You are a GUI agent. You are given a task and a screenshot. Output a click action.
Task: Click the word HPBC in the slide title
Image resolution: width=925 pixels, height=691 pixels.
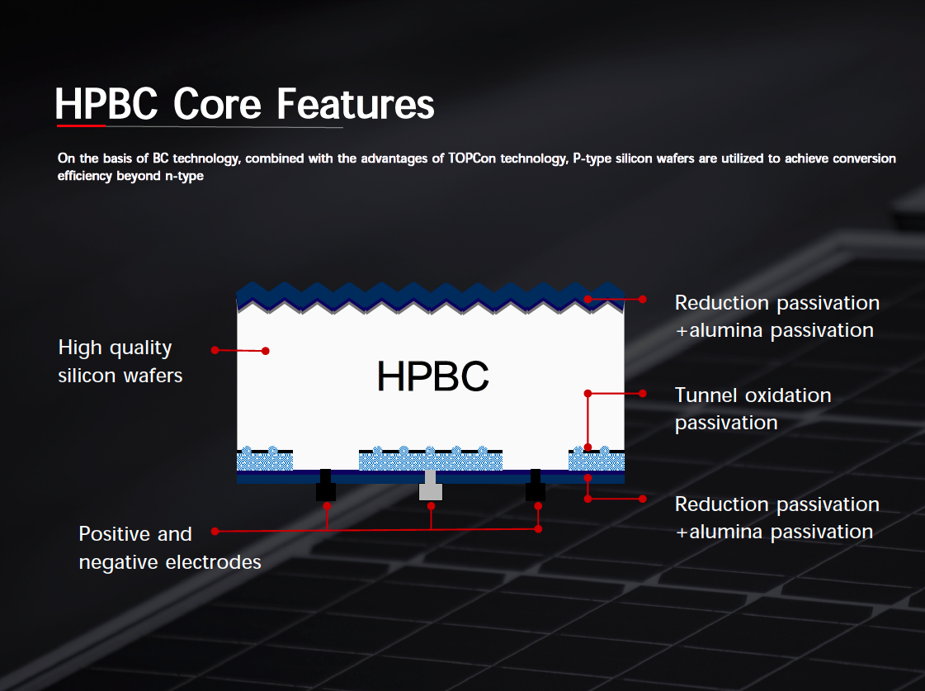106,105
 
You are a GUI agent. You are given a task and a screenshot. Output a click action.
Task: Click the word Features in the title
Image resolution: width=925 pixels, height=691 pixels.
355,104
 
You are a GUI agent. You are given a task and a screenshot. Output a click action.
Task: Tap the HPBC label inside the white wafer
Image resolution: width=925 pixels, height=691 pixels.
433,376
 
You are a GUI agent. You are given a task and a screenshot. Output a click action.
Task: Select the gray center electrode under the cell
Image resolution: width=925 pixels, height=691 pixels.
431,485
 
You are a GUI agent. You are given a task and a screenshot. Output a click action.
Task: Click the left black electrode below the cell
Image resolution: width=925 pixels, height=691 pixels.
326,485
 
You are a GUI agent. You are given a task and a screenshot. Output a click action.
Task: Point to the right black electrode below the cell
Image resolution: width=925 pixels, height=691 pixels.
536,485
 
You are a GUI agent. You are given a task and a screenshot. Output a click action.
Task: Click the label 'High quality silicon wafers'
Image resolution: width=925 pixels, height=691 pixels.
120,361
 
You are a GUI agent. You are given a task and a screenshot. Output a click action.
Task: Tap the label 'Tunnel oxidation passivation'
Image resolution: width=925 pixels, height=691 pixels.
753,409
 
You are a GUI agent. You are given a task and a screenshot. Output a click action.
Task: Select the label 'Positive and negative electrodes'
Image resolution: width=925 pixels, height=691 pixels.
170,547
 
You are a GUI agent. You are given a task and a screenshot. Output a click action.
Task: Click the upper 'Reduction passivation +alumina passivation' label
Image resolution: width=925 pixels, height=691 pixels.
777,316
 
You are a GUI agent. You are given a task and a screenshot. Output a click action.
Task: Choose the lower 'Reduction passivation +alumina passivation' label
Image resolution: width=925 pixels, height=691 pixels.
777,518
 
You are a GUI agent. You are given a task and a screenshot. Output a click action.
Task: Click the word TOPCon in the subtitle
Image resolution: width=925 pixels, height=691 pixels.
472,159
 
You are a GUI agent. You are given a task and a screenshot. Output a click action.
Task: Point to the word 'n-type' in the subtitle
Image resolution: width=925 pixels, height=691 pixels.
184,176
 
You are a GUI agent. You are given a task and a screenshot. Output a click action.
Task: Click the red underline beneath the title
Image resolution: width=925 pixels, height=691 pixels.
81,125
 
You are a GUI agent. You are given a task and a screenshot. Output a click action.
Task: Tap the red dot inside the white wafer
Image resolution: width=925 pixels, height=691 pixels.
266,351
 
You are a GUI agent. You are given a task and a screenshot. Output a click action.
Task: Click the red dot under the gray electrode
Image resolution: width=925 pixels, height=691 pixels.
432,506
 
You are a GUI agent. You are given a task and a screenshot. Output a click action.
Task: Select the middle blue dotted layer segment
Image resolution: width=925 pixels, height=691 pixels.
431,459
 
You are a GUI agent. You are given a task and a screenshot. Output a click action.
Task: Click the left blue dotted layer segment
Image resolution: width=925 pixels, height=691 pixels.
265,459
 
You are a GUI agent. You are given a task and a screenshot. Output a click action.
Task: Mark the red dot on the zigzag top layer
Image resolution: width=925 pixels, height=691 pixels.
588,299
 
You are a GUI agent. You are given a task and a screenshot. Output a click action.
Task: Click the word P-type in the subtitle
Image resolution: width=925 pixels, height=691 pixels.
592,159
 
